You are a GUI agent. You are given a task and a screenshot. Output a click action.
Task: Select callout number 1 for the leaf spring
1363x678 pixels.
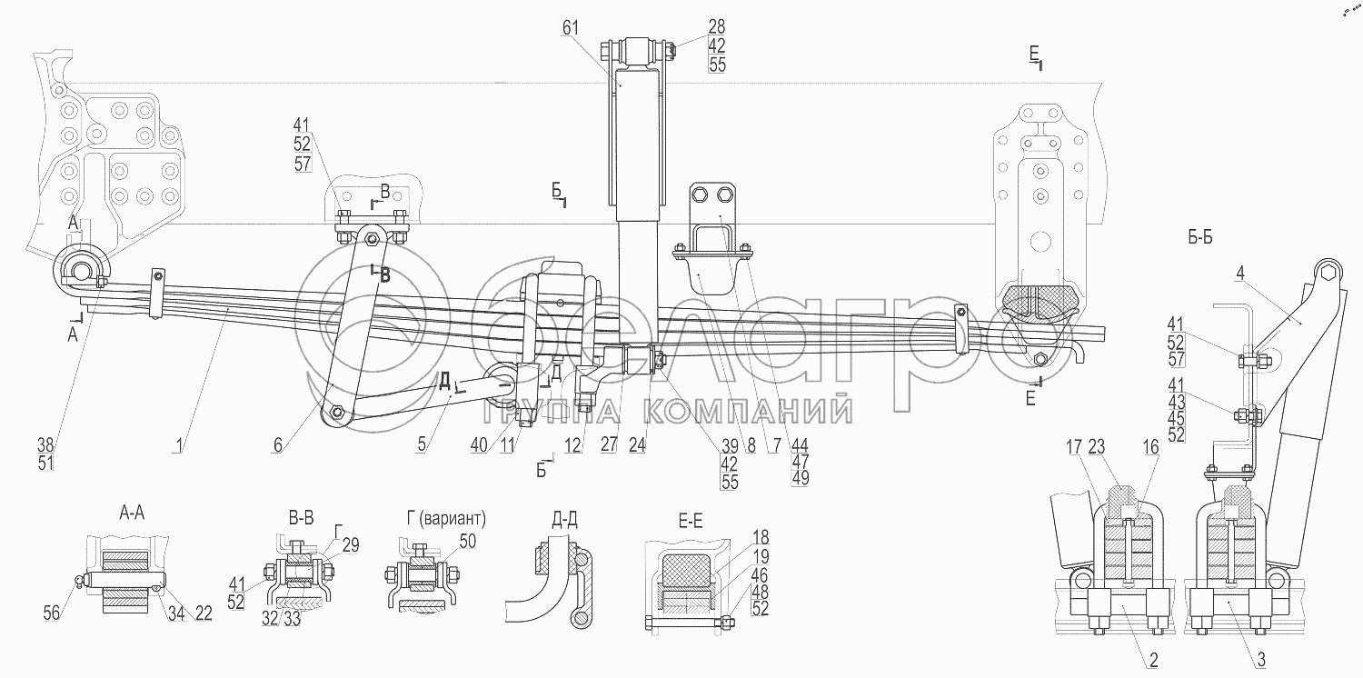click(x=181, y=445)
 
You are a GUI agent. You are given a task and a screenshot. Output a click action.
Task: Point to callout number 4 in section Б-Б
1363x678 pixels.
click(x=1239, y=271)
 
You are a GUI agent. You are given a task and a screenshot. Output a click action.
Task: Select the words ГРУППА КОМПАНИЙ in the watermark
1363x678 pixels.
click(x=668, y=414)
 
